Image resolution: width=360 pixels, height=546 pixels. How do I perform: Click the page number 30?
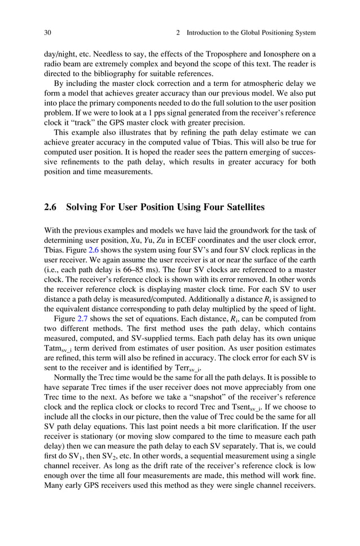click(x=48, y=33)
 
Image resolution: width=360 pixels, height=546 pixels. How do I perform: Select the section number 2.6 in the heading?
click(x=51, y=208)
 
